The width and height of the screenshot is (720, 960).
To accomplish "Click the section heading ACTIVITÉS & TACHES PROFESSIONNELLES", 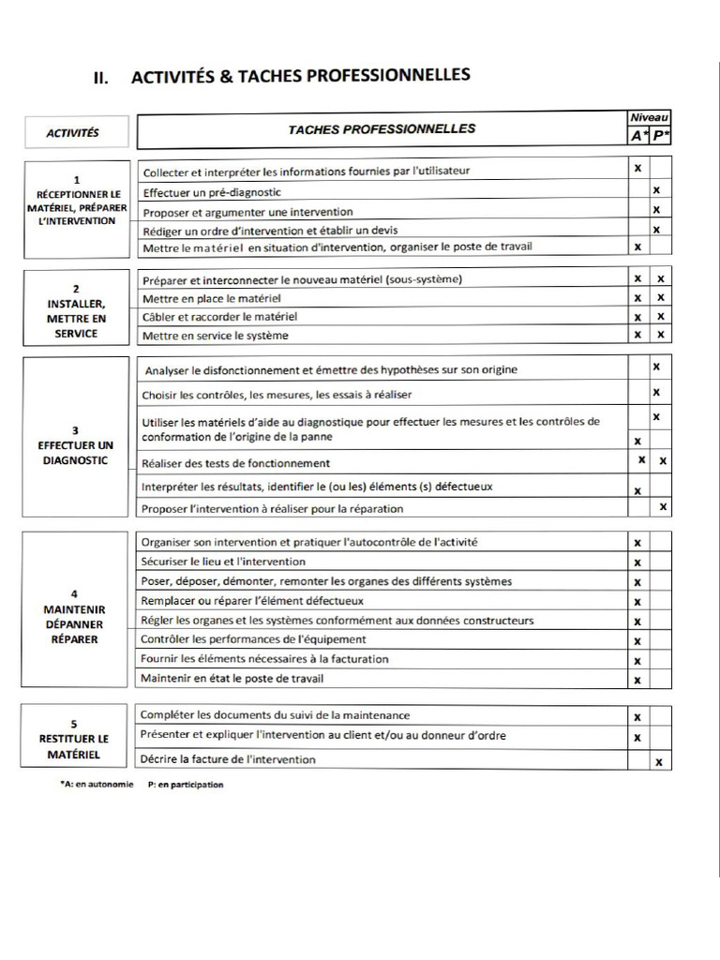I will coord(300,77).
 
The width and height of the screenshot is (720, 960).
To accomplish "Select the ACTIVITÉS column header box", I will coord(72,133).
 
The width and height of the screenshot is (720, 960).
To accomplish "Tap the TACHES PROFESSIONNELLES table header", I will coord(382,129).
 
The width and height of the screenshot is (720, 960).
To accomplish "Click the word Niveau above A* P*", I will coord(649,117).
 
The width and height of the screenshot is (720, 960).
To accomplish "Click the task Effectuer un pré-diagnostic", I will coord(212,192).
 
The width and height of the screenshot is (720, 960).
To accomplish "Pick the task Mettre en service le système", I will coord(216,336).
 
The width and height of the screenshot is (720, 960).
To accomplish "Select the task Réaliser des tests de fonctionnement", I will coord(235,463).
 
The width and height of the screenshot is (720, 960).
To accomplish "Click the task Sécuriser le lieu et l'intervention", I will coord(223,562).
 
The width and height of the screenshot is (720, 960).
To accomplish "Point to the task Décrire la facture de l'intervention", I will coord(228,759).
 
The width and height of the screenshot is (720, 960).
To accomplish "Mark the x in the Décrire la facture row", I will coord(659,762).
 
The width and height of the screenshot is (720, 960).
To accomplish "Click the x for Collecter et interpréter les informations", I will coord(637,169).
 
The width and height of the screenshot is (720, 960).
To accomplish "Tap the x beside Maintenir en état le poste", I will coord(637,680).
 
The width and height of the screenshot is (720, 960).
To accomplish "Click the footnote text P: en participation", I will coord(186,785).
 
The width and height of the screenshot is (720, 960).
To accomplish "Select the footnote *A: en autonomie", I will coord(97,785).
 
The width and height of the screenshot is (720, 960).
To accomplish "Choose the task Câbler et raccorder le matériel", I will coord(219,317).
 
